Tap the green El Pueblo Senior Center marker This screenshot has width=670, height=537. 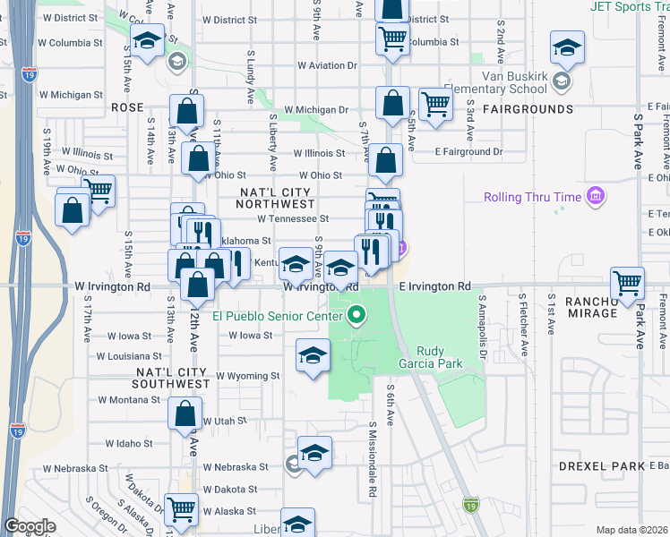[x=357, y=315]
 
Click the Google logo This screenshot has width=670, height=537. [x=30, y=526]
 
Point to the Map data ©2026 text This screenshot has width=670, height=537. [x=631, y=530]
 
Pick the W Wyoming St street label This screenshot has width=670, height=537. [x=247, y=376]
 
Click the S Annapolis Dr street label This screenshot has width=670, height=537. [x=482, y=318]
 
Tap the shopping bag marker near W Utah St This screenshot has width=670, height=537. [x=185, y=414]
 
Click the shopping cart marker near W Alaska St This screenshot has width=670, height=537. [x=182, y=508]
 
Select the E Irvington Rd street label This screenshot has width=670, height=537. [x=434, y=286]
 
